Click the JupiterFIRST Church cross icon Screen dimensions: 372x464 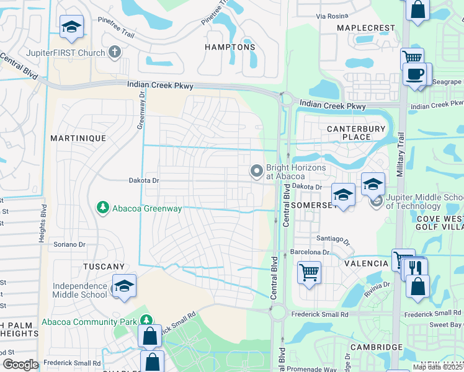tap(114, 53)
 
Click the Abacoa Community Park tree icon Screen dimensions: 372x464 tap(146, 321)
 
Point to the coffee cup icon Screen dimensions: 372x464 tap(414, 74)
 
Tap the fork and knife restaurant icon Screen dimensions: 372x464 tap(415, 268)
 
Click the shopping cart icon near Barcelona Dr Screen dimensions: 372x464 tap(309, 272)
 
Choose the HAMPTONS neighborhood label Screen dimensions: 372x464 tap(230, 47)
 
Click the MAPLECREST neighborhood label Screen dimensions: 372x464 tap(365, 29)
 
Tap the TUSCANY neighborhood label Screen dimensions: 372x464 tap(104, 266)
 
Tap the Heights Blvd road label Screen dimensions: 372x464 tap(43, 223)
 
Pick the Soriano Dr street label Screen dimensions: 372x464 tap(69, 244)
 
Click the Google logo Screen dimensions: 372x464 tap(20, 364)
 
